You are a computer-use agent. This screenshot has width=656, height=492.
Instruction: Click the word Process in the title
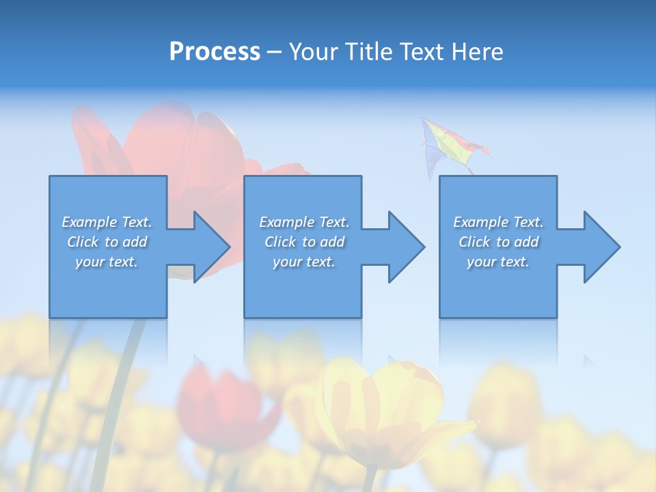(215, 52)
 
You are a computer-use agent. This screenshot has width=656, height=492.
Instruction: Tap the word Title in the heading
(369, 52)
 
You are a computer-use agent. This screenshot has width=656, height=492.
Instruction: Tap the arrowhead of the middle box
(405, 247)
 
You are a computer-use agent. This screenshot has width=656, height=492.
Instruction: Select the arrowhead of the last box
(601, 247)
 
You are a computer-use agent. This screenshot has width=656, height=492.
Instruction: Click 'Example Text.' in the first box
(107, 222)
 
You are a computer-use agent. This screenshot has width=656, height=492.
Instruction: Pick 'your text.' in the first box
(107, 262)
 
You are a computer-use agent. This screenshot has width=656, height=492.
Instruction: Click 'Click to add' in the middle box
(304, 242)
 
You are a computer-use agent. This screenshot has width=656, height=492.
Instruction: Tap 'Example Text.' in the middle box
(304, 222)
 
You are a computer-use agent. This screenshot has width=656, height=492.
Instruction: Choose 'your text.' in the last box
(498, 262)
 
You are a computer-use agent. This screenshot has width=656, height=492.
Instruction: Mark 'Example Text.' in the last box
(498, 222)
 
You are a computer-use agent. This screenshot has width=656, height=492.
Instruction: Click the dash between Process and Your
(274, 52)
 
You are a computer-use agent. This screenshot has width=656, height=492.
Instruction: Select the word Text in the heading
(421, 52)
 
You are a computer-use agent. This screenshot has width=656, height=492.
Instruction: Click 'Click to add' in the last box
(498, 242)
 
